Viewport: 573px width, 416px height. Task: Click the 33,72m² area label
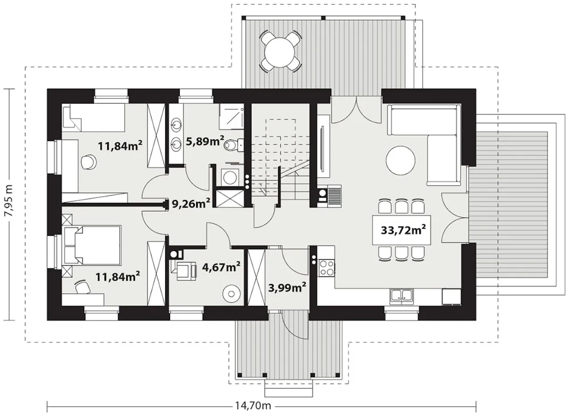pos(403,230)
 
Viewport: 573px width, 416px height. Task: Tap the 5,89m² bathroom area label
pos(205,141)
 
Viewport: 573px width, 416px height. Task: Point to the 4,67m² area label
pos(221,267)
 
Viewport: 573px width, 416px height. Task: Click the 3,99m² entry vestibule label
pos(287,288)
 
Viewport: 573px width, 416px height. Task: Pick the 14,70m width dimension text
pos(253,405)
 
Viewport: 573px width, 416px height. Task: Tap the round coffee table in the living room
pos(401,160)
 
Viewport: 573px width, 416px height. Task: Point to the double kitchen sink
pos(401,297)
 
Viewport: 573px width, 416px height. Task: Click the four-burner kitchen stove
pos(326,268)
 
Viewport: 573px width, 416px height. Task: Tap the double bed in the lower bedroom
pos(92,245)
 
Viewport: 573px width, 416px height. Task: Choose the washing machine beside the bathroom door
pos(230,176)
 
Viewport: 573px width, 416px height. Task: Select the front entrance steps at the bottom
pos(289,389)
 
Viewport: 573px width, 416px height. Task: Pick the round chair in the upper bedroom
pos(89,162)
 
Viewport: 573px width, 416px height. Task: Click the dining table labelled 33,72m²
pos(402,230)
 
